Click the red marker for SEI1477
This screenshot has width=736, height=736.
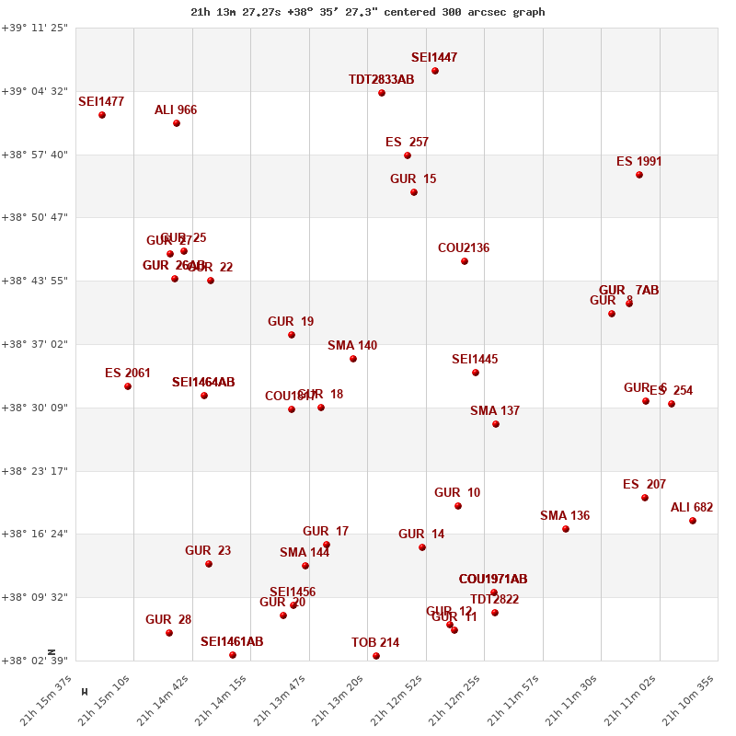tap(102, 115)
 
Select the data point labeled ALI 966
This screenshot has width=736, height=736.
tap(177, 123)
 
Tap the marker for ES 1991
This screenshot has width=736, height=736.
tap(639, 175)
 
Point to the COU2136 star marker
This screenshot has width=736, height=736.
tap(465, 261)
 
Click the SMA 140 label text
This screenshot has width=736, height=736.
tap(352, 346)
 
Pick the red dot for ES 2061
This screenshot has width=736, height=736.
tap(128, 386)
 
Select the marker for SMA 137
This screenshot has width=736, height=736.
tap(496, 424)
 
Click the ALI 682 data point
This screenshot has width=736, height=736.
tap(693, 521)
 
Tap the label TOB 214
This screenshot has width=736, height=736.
tap(375, 642)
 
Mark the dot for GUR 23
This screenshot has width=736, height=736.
tap(209, 564)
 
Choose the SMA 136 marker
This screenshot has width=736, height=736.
tap(566, 529)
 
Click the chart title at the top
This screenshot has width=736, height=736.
tap(368, 12)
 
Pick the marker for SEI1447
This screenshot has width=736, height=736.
tap(435, 71)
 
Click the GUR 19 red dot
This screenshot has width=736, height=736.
tap(292, 335)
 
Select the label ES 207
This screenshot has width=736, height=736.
tap(644, 485)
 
